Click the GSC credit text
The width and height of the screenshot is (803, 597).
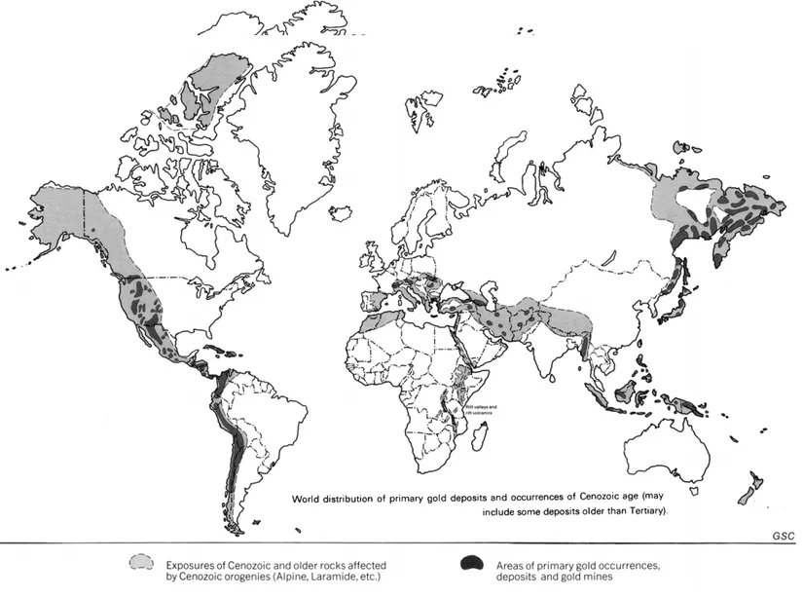pos(783,537)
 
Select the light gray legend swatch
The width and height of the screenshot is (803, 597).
pos(143,563)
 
